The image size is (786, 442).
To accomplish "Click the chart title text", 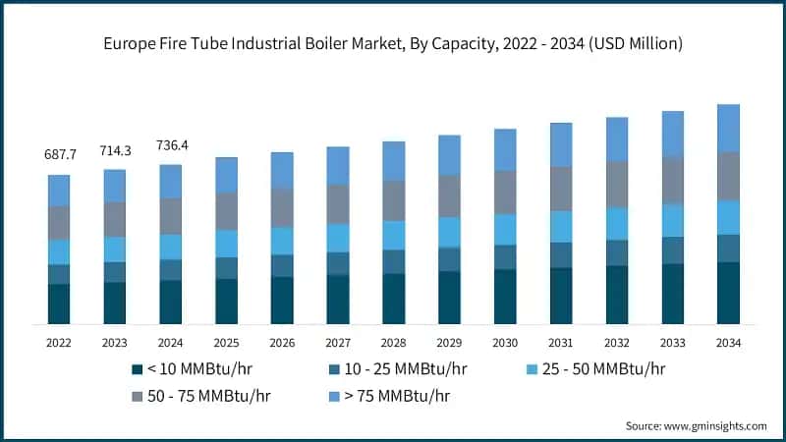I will tap(393, 44).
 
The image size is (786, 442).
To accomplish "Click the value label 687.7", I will tap(59, 155).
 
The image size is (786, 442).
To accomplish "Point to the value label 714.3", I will tap(115, 150).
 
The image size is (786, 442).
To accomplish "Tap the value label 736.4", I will tap(171, 145).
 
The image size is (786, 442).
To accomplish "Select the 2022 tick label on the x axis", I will tap(59, 343).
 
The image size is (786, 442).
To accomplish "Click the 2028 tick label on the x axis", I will tap(394, 343).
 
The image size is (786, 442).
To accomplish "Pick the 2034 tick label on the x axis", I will tap(728, 343).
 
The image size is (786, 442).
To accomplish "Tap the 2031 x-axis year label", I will tap(561, 343).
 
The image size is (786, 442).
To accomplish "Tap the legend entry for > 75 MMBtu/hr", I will tap(393, 396).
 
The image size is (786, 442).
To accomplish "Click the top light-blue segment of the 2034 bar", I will tap(728, 128).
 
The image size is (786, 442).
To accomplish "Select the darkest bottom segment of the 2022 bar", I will tap(59, 304).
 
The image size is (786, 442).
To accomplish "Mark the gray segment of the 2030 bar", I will tap(505, 192).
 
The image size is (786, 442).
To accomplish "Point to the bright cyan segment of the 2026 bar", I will tap(282, 241).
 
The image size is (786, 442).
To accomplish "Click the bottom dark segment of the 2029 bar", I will tap(449, 297).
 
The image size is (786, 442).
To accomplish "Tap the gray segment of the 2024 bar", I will tap(171, 216).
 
